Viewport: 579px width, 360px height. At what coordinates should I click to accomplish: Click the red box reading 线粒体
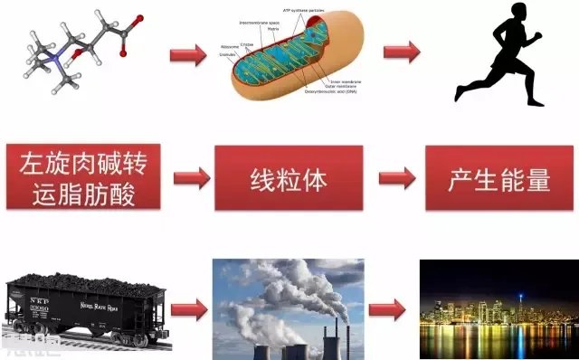(x=287, y=178)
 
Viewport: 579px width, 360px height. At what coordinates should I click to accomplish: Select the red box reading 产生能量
(x=499, y=178)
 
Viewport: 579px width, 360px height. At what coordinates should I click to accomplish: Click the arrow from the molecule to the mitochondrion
(x=188, y=55)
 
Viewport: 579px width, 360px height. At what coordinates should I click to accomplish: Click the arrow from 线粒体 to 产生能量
(x=395, y=178)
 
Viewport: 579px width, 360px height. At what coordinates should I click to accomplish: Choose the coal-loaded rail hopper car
(x=87, y=308)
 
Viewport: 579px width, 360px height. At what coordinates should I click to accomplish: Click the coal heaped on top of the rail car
(x=87, y=282)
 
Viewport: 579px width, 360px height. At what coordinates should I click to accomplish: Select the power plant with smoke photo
(x=288, y=308)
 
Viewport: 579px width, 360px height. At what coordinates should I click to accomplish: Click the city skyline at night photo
(x=498, y=308)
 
